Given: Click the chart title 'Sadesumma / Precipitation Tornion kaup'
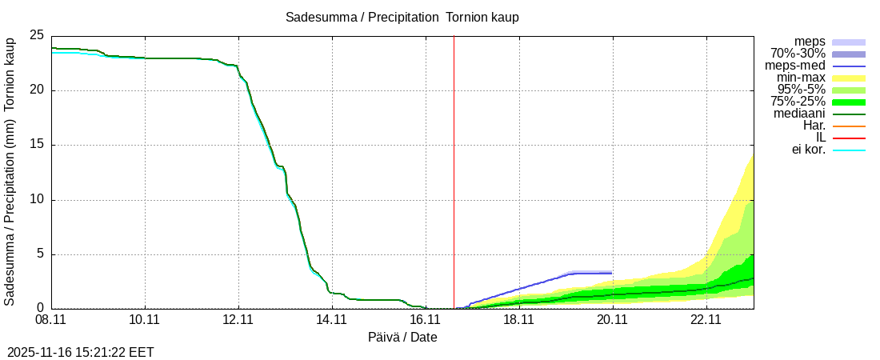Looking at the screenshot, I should [402, 18].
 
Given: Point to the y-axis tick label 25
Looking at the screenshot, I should [36, 35].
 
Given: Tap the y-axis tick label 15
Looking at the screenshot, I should [36, 145].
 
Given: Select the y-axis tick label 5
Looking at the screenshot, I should [40, 254].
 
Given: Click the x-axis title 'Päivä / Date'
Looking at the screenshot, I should [402, 338].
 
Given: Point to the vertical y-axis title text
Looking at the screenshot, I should [10, 170].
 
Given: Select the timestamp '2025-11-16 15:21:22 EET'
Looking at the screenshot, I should [81, 352].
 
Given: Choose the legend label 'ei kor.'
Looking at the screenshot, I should [806, 150].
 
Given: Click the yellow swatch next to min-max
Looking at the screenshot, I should [849, 78].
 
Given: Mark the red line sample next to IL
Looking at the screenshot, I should [849, 138].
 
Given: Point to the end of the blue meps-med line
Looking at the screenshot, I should [611, 273].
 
